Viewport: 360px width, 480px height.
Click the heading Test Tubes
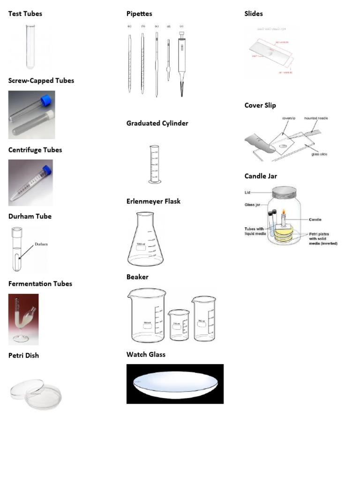coord(25,14)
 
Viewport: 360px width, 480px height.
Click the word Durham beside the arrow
coord(41,244)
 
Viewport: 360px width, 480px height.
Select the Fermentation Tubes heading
coord(40,284)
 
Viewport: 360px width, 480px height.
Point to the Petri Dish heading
coord(23,355)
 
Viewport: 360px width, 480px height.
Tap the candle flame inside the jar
coord(284,214)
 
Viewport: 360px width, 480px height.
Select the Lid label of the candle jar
coord(247,192)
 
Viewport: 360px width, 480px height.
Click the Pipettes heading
coord(139,14)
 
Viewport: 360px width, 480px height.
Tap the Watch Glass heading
coord(146,354)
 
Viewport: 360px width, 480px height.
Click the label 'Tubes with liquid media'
coord(255,231)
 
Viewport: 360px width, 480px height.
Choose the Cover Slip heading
coord(260,105)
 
